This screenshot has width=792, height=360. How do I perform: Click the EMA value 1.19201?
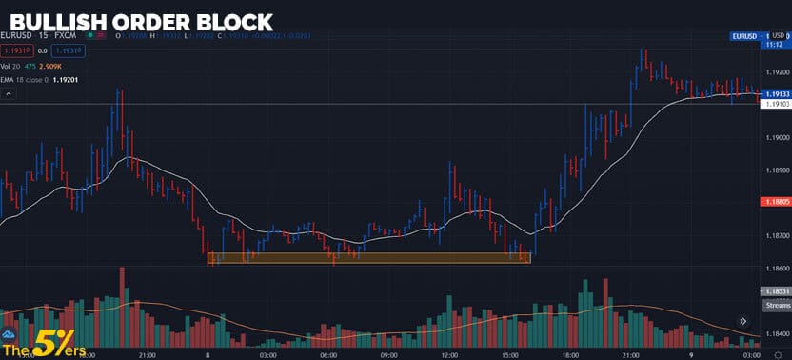[x=66, y=81]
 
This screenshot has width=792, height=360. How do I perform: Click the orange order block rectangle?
[x=369, y=257]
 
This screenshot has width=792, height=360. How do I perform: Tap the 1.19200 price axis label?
[x=777, y=72]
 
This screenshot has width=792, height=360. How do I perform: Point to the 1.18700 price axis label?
[x=777, y=235]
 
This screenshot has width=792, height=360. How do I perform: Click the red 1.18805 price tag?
[x=776, y=202]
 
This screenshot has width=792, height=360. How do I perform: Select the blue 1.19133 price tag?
[x=776, y=93]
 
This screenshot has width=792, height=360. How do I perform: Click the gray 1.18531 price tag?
[x=776, y=290]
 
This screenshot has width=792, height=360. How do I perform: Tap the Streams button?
[x=776, y=306]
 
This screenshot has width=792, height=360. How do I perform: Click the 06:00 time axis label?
[x=328, y=353]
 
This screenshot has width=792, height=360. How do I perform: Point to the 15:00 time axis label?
[x=510, y=353]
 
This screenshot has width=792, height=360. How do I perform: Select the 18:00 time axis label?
[x=571, y=353]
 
